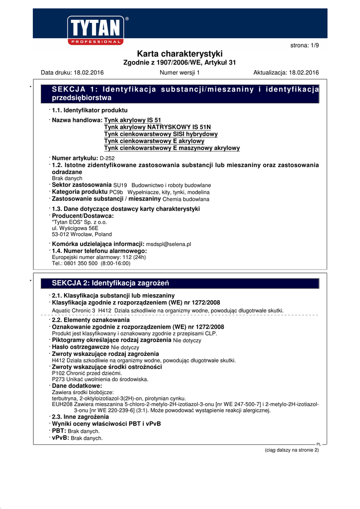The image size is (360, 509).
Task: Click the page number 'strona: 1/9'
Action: pyautogui.click(x=304, y=45)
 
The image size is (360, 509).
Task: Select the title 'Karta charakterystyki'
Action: pyautogui.click(x=180, y=54)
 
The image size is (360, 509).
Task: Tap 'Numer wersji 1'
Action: pyautogui.click(x=180, y=73)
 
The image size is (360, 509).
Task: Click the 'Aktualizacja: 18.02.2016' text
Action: pyautogui.click(x=286, y=73)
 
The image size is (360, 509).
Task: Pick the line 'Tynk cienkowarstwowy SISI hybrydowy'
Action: pyautogui.click(x=161, y=134)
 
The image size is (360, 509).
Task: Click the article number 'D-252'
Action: pyautogui.click(x=108, y=158)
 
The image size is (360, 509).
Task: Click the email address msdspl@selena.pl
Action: pyautogui.click(x=169, y=245)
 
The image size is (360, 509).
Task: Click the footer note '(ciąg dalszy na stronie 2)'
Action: pyautogui.click(x=291, y=450)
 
